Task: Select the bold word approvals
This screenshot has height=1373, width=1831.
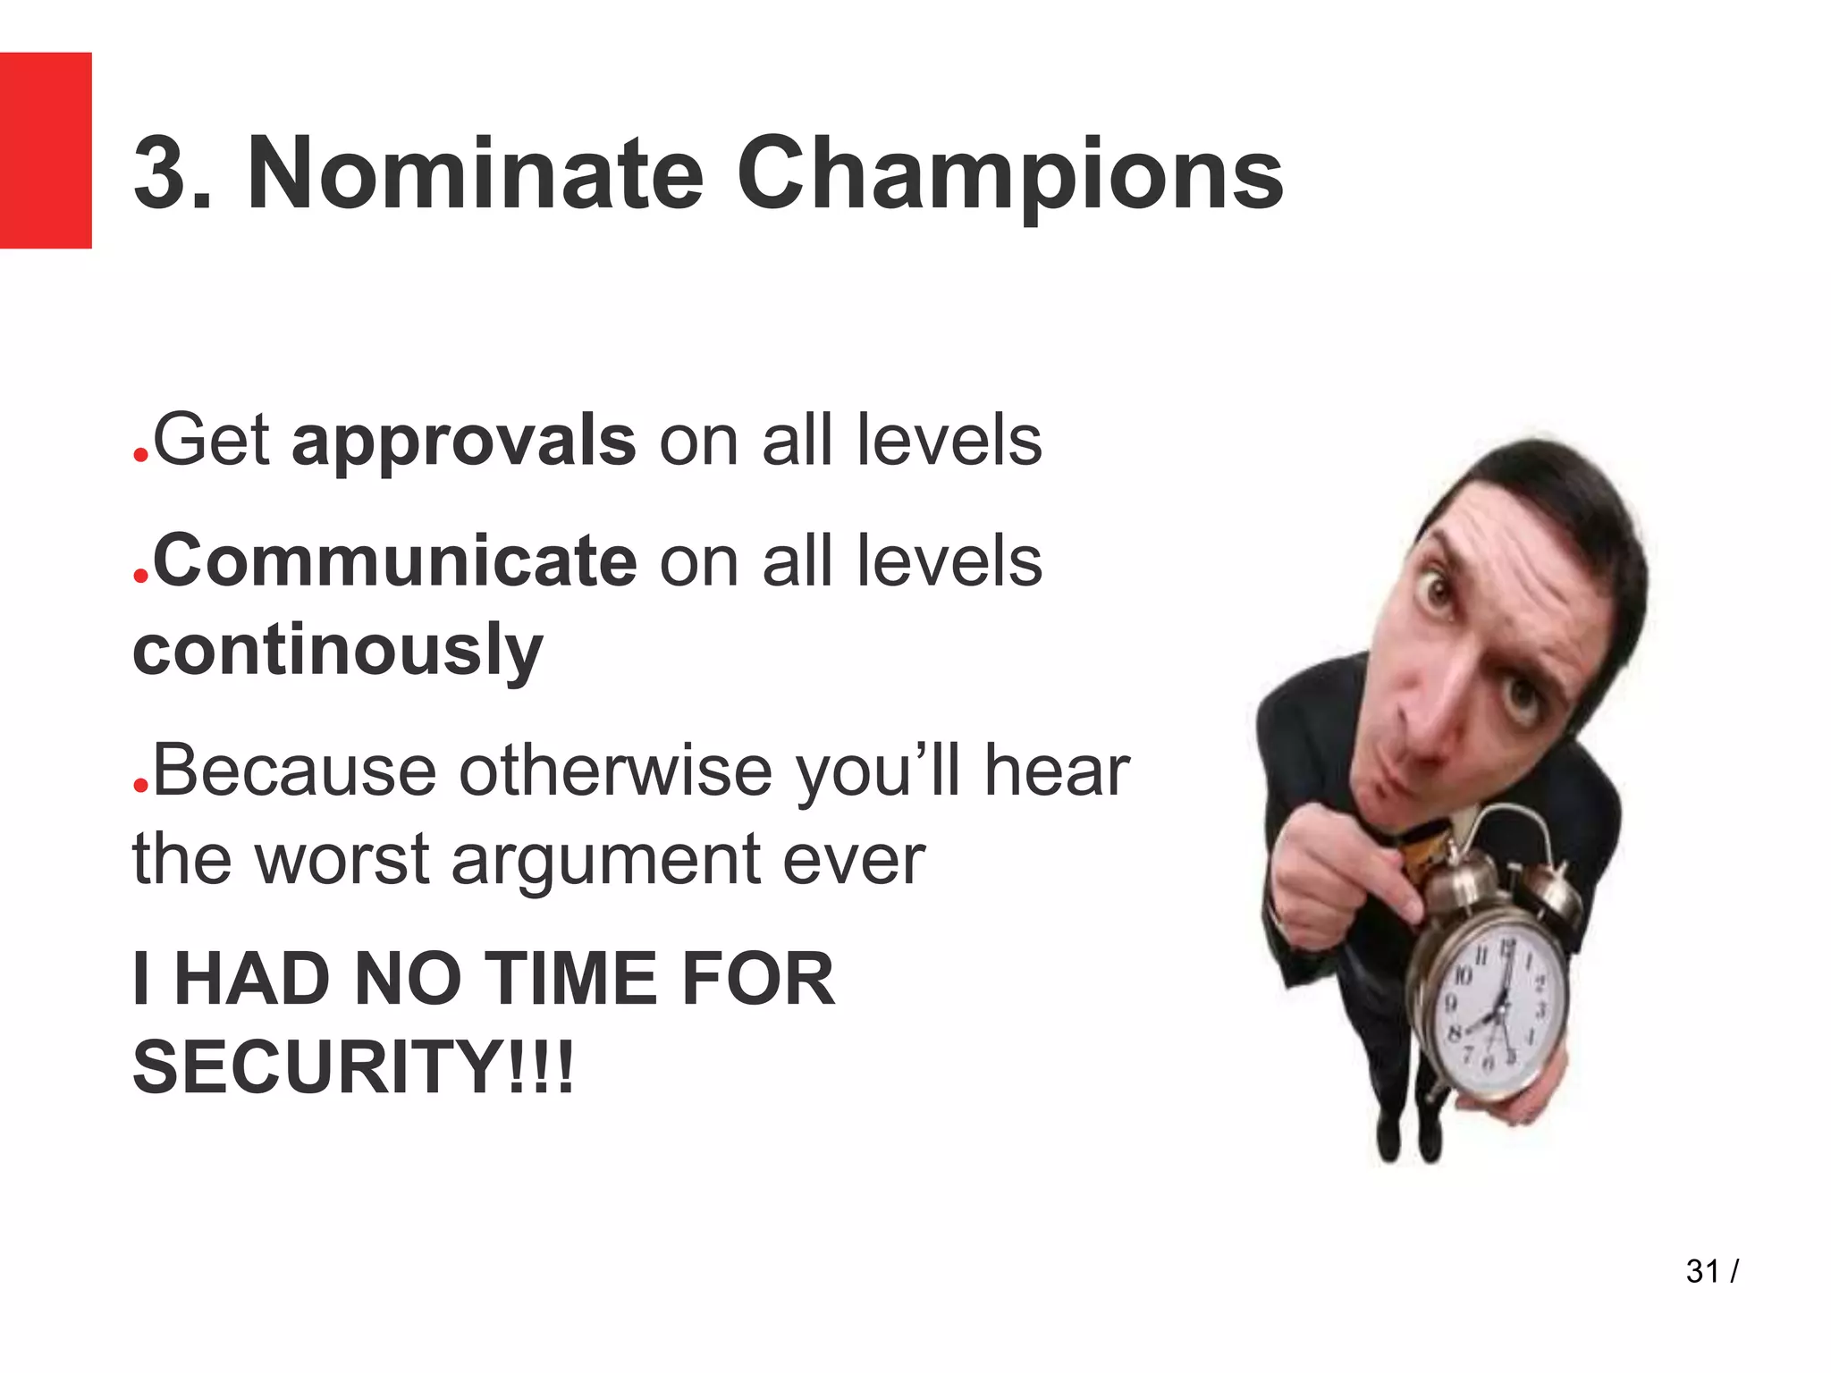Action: coord(464,441)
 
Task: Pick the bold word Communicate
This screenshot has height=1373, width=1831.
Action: coord(394,561)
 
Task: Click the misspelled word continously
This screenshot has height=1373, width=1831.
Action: coord(338,650)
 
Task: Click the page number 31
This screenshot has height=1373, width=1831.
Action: coord(1702,1270)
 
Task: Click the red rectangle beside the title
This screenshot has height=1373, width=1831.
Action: coord(46,150)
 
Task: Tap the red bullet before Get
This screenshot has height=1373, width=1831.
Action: coord(140,455)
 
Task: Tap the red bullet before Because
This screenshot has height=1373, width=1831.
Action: coord(140,785)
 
